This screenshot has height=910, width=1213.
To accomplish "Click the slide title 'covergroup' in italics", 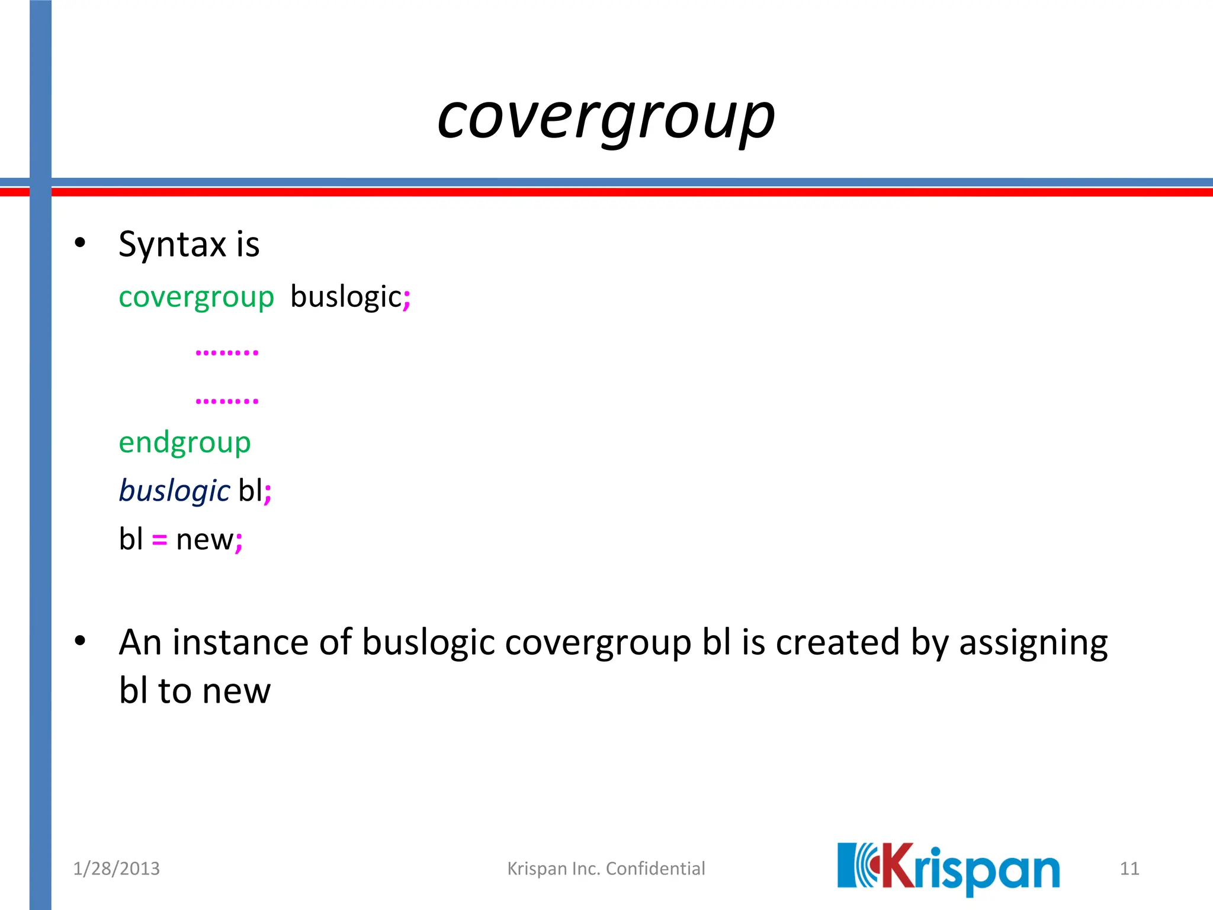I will [606, 118].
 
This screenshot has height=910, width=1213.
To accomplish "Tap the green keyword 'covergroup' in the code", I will [196, 297].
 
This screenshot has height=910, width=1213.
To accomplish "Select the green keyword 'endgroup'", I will [185, 443].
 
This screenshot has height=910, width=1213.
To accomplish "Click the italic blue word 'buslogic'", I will [174, 491].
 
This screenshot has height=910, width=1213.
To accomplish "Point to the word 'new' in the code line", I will [204, 540].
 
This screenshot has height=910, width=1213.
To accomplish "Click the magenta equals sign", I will [159, 540].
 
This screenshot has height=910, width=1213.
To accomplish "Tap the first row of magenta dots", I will [227, 353].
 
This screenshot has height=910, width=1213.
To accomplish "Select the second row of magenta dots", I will [227, 401].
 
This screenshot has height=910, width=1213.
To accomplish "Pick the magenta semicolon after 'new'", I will [239, 541].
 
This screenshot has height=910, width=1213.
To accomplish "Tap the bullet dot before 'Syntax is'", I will [80, 243].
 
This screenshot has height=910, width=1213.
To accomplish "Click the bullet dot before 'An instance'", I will [80, 640].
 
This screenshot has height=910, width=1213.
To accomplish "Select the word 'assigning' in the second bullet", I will [1033, 643].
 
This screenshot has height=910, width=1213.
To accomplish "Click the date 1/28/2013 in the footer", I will [116, 869].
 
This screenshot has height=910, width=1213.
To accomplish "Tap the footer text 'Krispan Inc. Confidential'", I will [606, 869].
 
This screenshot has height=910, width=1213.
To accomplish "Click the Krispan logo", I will [948, 869].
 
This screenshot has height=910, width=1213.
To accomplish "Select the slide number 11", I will [1129, 869].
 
